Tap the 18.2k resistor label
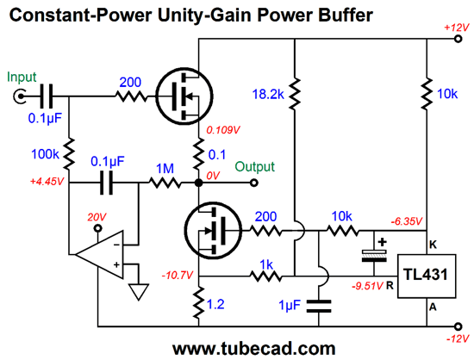click(x=268, y=94)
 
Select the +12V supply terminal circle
click(x=458, y=39)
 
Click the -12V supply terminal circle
click(x=458, y=326)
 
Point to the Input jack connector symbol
click(x=19, y=96)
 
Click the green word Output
click(x=254, y=167)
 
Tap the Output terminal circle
click(x=254, y=183)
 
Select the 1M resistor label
click(x=165, y=169)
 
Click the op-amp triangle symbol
click(x=99, y=255)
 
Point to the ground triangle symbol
click(x=139, y=291)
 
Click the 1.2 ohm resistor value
click(x=215, y=304)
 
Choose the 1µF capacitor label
click(x=290, y=305)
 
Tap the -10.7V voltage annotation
click(x=178, y=276)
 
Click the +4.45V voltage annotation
click(x=47, y=182)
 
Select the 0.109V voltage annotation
click(x=223, y=130)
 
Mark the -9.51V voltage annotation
click(x=367, y=286)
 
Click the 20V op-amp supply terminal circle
click(x=97, y=228)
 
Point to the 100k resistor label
click(x=45, y=154)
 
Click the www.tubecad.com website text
click(x=254, y=349)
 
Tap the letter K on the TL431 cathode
click(x=433, y=245)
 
